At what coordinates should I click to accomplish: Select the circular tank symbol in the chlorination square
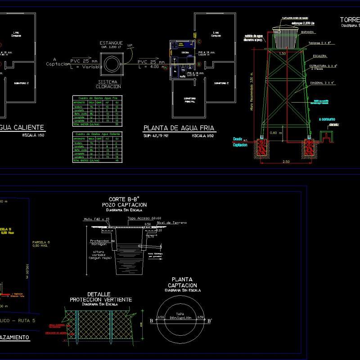[111, 64]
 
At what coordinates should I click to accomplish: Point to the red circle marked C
[198, 42]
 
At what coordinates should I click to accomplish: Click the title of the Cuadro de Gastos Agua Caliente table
[97, 134]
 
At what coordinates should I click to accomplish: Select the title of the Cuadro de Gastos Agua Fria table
[97, 97]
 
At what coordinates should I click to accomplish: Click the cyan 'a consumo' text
[327, 119]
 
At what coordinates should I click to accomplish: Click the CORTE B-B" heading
[123, 199]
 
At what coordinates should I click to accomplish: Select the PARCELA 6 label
[41, 243]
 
